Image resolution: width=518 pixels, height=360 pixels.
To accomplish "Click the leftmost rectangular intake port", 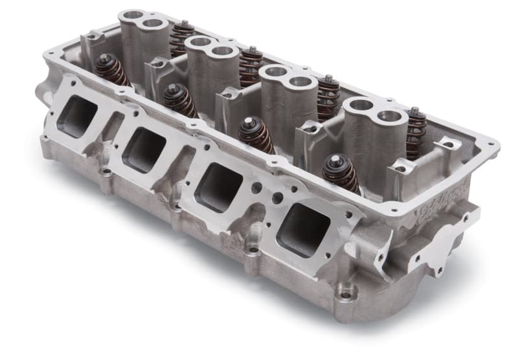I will pos(76,116).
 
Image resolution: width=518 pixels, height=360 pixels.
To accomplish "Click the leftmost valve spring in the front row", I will pos(111,70).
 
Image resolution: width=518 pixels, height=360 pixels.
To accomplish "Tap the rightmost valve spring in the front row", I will pos(341,174).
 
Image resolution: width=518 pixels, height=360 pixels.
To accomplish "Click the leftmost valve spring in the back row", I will pos(182,39).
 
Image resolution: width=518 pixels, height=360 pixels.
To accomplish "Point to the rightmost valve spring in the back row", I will pos(415,133).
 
